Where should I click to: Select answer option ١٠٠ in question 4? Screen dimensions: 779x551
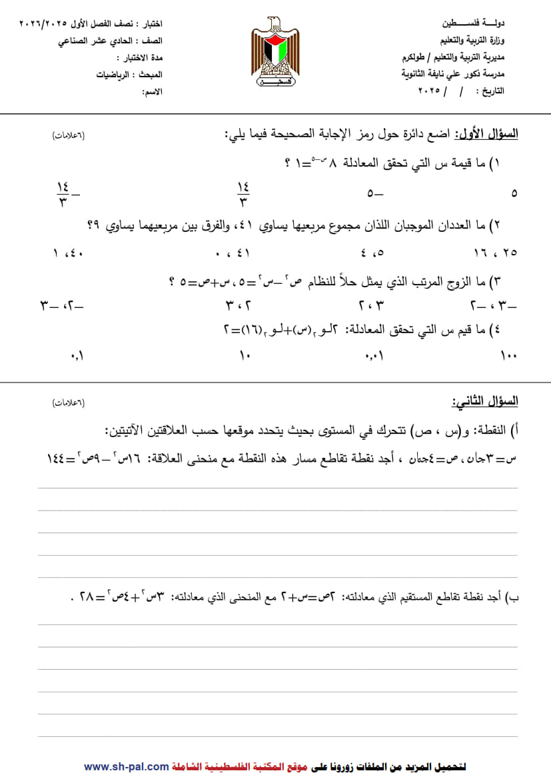(508, 357)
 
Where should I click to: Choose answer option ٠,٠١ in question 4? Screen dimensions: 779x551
(375, 357)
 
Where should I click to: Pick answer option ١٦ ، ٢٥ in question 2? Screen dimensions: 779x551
(496, 253)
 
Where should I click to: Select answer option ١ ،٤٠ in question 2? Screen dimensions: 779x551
(67, 253)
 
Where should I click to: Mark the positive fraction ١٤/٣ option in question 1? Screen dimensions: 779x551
(242, 193)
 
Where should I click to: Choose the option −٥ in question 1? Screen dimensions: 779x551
(375, 194)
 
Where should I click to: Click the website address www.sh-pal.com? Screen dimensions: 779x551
(126, 767)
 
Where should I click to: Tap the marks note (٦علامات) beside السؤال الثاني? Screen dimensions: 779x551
(69, 403)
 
